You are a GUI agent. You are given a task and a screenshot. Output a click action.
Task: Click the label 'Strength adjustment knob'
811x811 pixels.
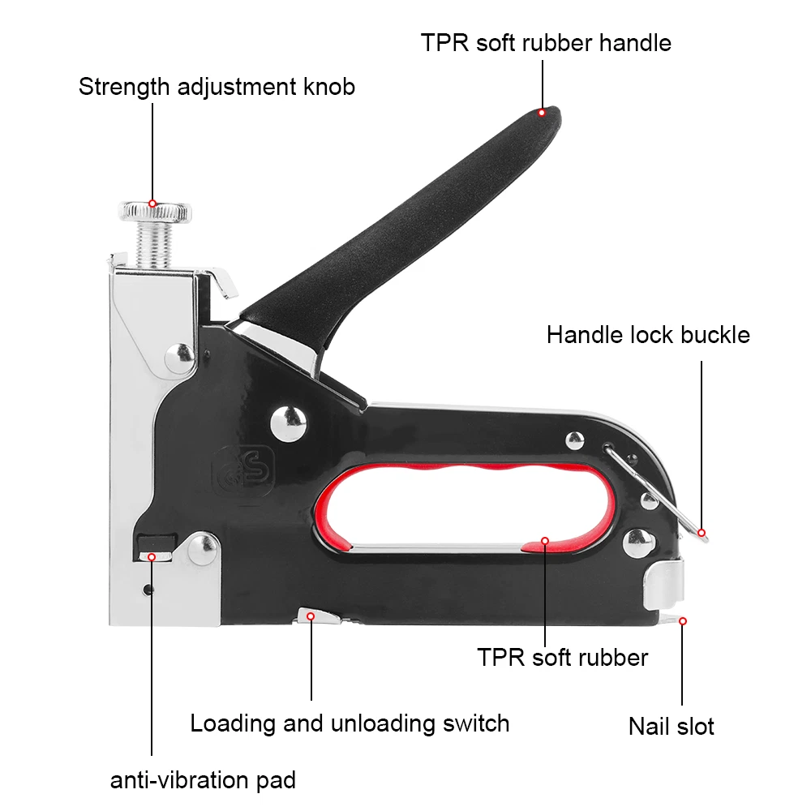tap(217, 87)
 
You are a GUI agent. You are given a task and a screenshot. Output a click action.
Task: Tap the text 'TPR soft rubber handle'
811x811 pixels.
tap(546, 42)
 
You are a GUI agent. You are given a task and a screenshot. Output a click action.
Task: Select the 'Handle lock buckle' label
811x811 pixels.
tap(648, 334)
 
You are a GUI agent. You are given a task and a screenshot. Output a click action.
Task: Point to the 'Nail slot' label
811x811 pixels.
tap(672, 725)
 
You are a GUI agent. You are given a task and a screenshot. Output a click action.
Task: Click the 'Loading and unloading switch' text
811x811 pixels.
tap(350, 723)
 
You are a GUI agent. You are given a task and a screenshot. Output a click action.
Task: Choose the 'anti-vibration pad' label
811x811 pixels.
tap(203, 781)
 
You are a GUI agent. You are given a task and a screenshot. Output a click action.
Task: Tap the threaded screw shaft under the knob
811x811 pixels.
tap(152, 245)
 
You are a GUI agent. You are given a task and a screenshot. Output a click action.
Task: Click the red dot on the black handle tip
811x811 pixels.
tap(542, 113)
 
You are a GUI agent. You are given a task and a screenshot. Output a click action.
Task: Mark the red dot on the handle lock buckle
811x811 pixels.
tap(702, 533)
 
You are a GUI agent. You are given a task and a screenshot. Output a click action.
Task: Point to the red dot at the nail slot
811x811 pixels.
tap(683, 621)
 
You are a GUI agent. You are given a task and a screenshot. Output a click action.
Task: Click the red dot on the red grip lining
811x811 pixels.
tap(545, 540)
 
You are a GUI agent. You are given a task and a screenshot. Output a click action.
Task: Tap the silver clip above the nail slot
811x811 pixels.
tap(664, 584)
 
